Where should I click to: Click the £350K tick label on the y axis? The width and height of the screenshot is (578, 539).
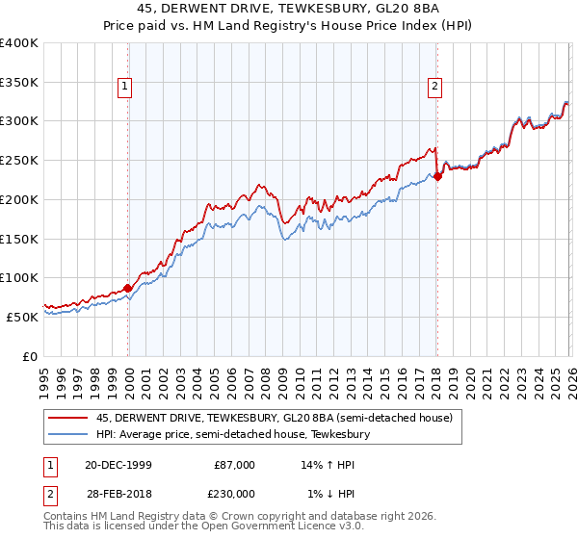19,83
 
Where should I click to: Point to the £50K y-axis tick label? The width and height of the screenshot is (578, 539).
22,317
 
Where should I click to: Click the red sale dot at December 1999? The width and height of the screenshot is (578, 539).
128,288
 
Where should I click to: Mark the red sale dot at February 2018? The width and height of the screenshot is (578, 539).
437,176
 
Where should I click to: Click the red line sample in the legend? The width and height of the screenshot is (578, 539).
67,417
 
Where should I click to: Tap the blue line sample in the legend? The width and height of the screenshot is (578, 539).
67,434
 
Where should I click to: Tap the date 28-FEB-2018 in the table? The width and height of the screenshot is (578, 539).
111,495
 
